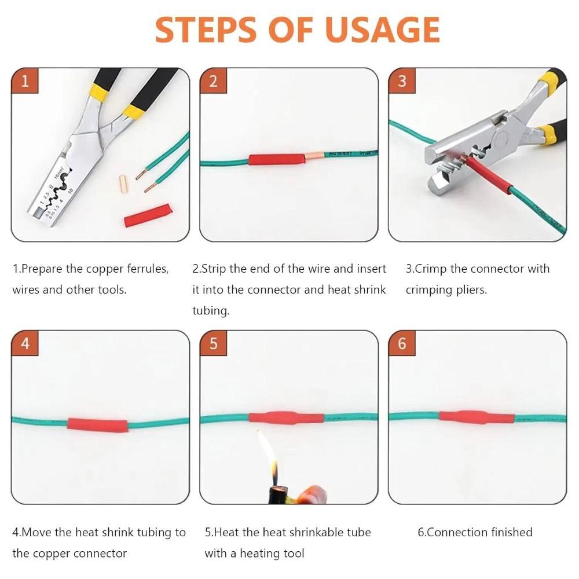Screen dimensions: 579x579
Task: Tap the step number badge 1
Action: coord(24,81)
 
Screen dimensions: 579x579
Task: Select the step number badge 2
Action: coord(213,81)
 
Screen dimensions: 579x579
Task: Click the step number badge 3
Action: coord(402,81)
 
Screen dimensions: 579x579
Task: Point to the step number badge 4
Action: coord(24,343)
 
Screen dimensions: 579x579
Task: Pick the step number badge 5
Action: coord(213,343)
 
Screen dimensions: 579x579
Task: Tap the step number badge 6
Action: coord(402,343)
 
